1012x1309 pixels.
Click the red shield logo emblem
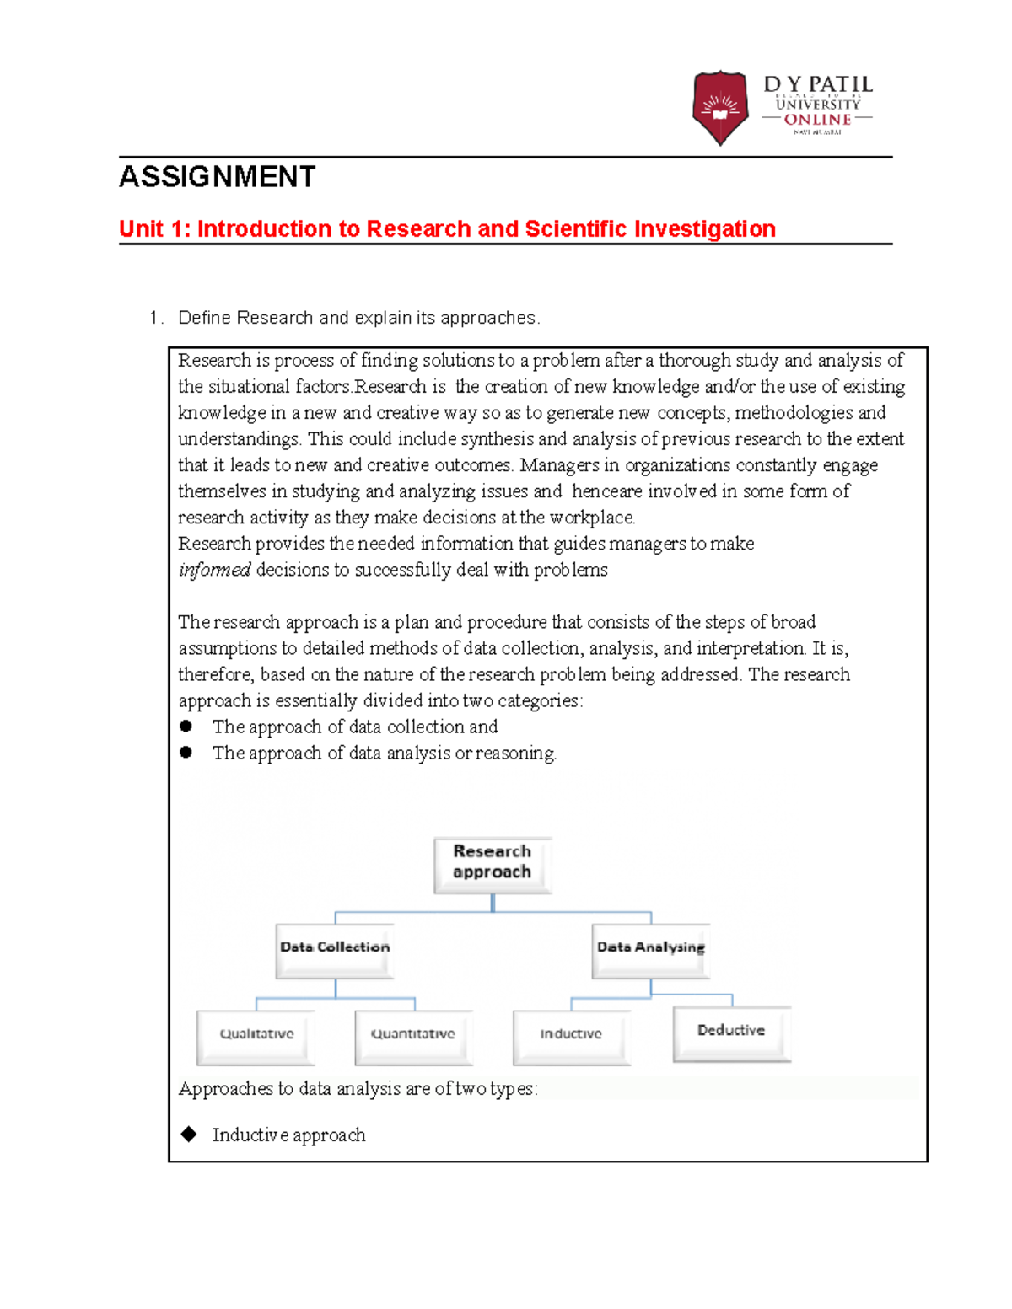click(x=719, y=107)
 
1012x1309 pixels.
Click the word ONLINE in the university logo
click(x=817, y=120)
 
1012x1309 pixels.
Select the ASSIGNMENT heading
click(x=218, y=177)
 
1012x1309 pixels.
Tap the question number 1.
click(x=153, y=318)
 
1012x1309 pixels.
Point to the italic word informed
click(x=214, y=570)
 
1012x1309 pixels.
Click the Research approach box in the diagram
click(x=493, y=863)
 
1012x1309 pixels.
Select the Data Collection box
click(x=335, y=949)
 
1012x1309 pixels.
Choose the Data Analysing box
click(x=650, y=949)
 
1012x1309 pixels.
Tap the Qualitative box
click(x=256, y=1036)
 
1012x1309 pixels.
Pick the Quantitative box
click(x=413, y=1036)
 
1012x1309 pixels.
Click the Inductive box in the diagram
click(x=571, y=1036)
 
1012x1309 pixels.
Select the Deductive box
click(x=731, y=1032)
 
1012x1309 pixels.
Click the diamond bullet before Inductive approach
click(x=189, y=1135)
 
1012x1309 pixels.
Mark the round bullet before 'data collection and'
click(x=186, y=727)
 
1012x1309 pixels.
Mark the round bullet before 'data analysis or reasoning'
click(x=186, y=753)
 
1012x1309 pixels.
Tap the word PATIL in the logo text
click(x=840, y=85)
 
